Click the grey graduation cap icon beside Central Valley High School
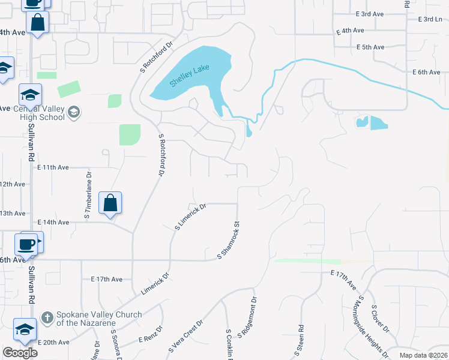tap(74, 112)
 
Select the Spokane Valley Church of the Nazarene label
tap(98, 319)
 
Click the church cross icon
tap(46, 316)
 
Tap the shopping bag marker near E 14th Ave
tap(111, 203)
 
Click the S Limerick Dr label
tap(190, 217)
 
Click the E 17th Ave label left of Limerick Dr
tap(106, 279)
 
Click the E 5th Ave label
tap(370, 47)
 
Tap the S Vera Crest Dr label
tap(186, 335)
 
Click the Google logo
tap(20, 353)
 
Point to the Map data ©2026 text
tap(423, 355)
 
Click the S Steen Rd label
tap(301, 340)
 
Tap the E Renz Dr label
tap(151, 335)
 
